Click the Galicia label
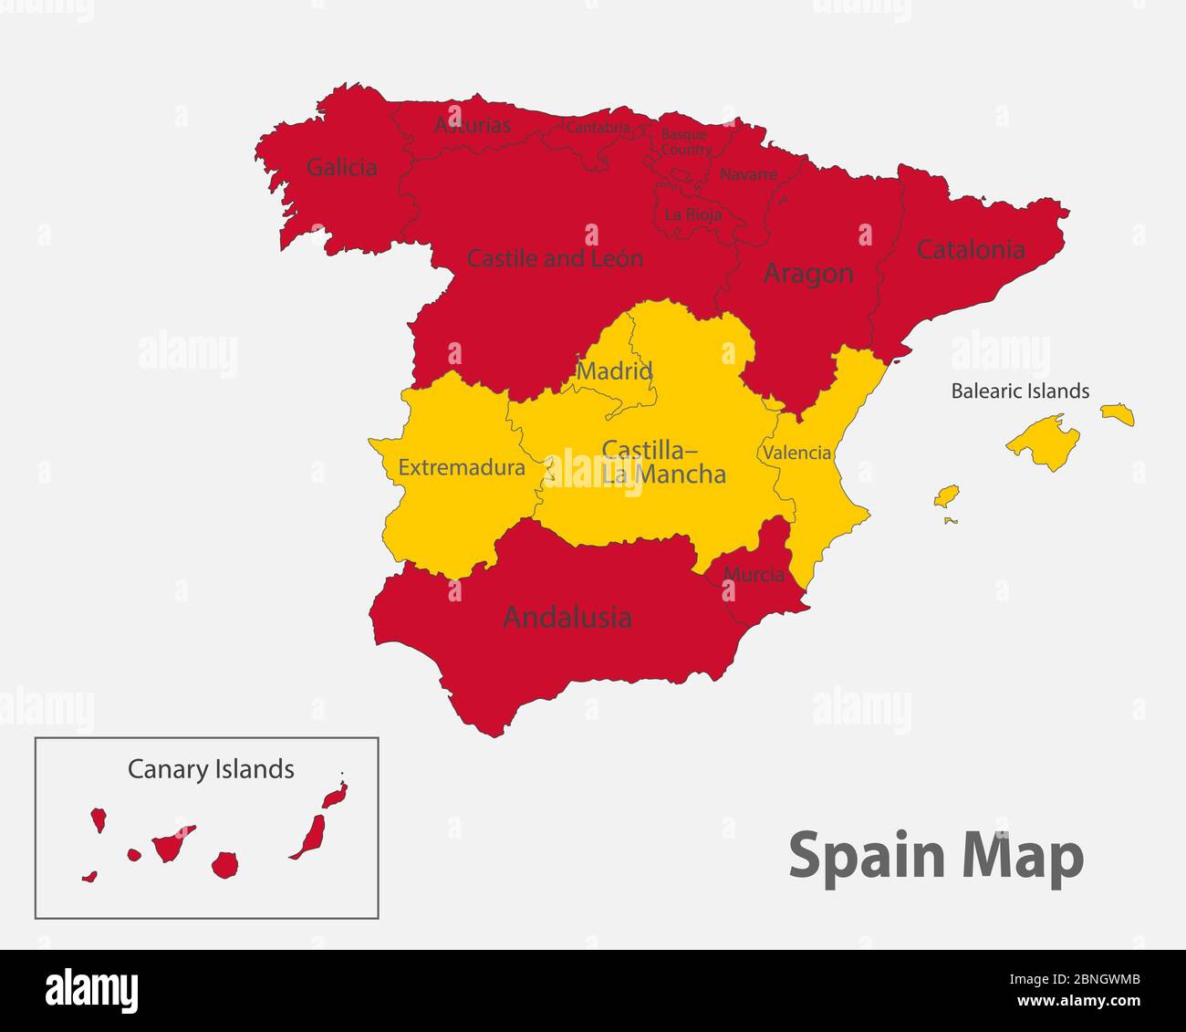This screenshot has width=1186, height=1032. (x=342, y=167)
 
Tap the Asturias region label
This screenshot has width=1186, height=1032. (x=472, y=125)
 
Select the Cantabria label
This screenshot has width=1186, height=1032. (x=598, y=128)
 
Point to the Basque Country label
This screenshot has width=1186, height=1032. (x=685, y=141)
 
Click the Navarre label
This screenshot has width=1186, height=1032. (x=748, y=174)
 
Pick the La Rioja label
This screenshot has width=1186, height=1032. (x=693, y=214)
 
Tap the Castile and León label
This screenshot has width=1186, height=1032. (x=555, y=258)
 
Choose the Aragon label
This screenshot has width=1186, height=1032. (x=808, y=273)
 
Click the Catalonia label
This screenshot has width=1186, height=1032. (x=971, y=249)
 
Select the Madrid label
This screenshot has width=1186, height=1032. (x=614, y=371)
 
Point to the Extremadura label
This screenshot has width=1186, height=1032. (x=462, y=468)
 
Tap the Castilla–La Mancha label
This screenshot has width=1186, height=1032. (x=663, y=462)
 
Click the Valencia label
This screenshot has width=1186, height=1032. (x=797, y=453)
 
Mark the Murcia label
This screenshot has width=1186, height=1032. (x=754, y=575)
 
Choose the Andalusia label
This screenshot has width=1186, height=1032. (x=567, y=618)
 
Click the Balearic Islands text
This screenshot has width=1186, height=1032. (x=1020, y=391)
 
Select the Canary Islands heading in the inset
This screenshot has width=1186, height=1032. (x=211, y=769)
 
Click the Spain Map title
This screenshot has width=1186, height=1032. (x=936, y=857)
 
